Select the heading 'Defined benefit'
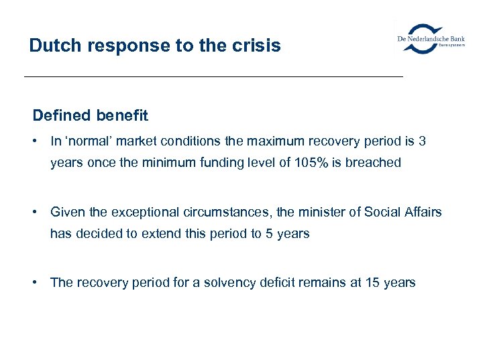pos(91,115)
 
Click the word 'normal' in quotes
pos(88,141)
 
